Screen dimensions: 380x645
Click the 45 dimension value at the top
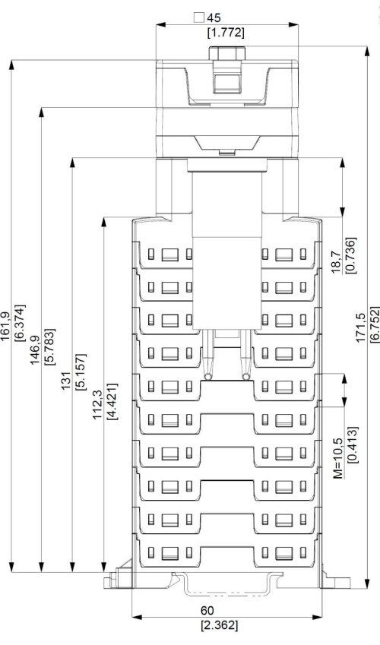[214, 17]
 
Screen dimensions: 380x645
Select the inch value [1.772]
[226, 33]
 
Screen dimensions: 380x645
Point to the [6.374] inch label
[20, 323]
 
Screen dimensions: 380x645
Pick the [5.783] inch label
[49, 346]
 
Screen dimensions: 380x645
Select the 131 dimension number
[67, 381]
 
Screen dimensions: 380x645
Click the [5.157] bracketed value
[81, 372]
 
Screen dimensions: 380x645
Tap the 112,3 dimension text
[97, 405]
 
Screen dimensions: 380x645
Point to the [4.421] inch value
[112, 401]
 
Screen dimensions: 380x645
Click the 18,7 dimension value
[337, 262]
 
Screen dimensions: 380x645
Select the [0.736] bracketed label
[351, 255]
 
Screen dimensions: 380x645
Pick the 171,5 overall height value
[360, 327]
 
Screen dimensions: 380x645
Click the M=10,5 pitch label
[338, 458]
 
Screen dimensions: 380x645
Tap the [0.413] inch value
[353, 444]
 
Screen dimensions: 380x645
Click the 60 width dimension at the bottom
[207, 611]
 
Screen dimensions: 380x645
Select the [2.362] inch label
[220, 625]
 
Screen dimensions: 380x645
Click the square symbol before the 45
[199, 17]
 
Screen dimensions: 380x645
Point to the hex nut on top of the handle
[226, 53]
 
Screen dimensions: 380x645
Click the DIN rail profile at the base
[227, 583]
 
